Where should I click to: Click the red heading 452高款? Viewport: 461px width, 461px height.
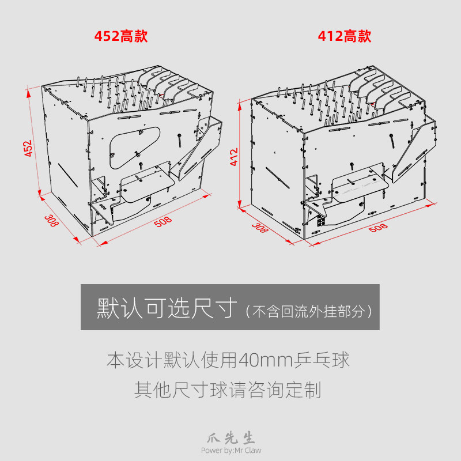(121, 36)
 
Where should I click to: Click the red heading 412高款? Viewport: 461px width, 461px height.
(345, 36)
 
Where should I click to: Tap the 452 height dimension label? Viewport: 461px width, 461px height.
(29, 148)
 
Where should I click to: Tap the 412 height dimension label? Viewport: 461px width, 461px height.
(234, 157)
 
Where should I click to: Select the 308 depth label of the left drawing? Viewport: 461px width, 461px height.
(52, 220)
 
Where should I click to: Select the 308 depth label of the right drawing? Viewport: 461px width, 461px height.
(260, 228)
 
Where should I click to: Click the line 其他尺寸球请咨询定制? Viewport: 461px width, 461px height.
(228, 390)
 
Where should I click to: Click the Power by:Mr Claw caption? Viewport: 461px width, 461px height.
(231, 451)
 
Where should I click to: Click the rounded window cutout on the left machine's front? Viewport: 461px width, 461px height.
(133, 142)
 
